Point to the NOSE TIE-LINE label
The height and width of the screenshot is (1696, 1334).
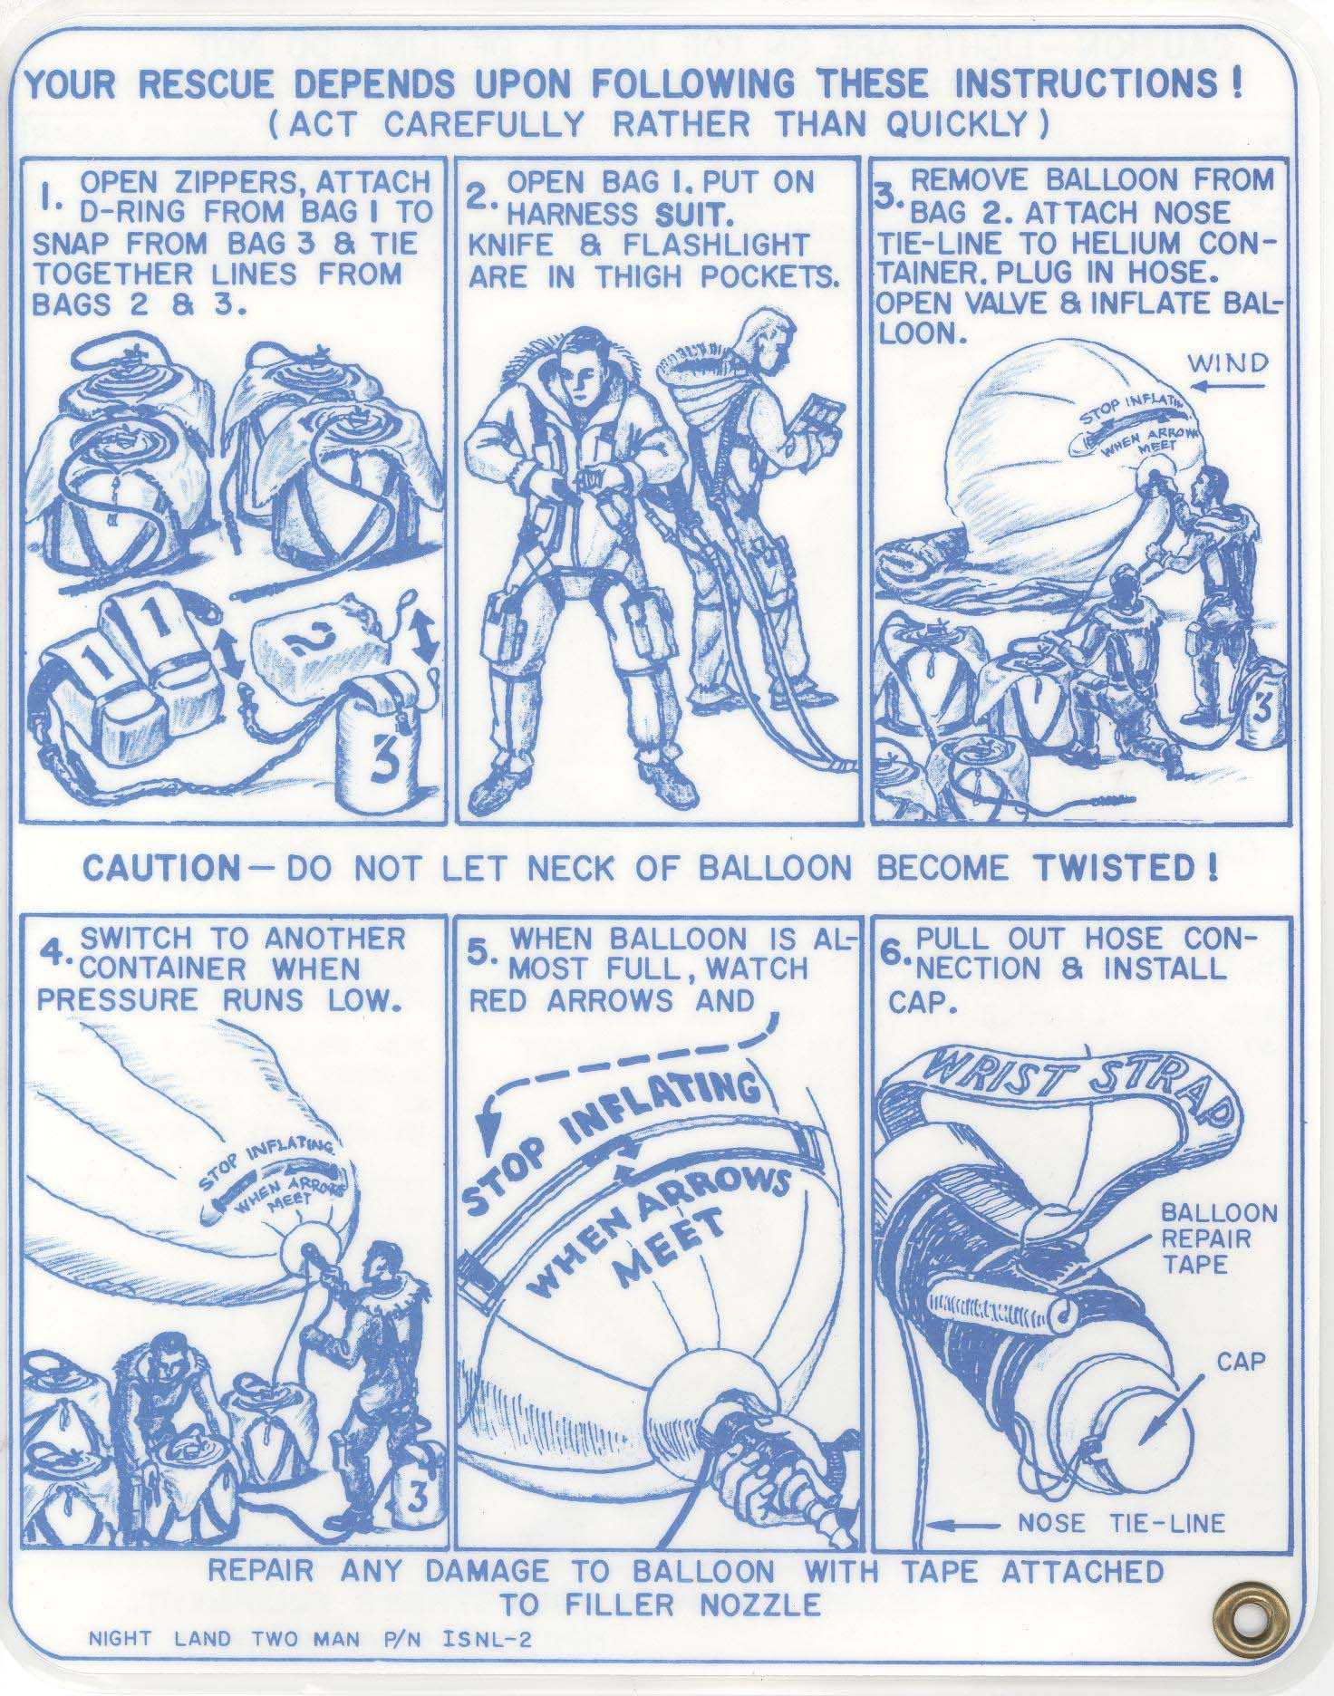1120,1522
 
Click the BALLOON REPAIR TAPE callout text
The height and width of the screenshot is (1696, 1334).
1218,1238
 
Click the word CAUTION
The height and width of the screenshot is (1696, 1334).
160,868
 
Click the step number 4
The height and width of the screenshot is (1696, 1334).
56,955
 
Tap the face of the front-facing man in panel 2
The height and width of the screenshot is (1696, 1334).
577,381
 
